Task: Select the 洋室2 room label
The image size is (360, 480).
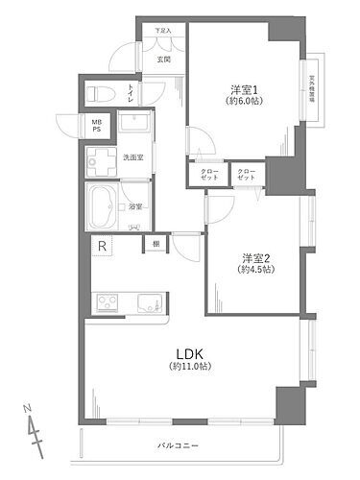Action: point(254,257)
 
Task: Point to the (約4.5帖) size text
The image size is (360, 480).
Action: point(254,270)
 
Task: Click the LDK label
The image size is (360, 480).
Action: point(189,351)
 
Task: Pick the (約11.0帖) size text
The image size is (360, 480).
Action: point(189,366)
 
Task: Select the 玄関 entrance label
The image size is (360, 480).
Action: point(163,60)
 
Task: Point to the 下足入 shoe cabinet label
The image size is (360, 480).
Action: point(163,32)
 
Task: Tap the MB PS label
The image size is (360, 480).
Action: point(97,126)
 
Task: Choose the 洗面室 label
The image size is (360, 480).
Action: point(133,156)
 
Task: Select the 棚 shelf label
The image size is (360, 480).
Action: point(156,245)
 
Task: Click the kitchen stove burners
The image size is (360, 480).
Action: point(106,305)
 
